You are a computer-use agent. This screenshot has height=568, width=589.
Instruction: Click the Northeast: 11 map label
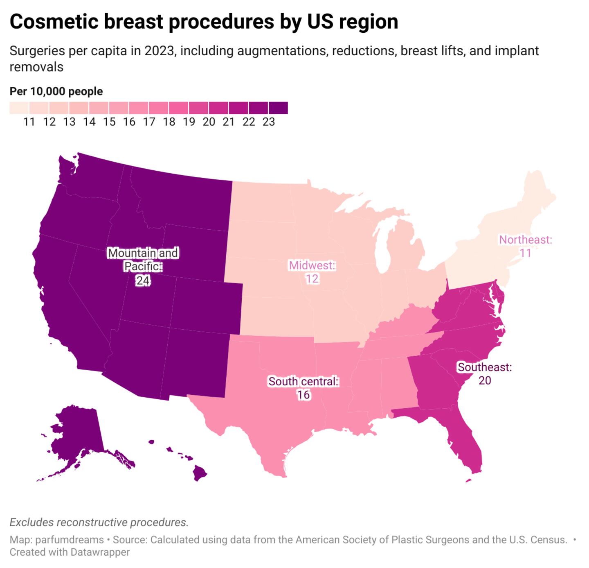(525, 246)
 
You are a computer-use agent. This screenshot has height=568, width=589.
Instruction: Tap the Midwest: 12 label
(312, 272)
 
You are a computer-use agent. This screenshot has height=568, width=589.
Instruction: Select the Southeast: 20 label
(485, 373)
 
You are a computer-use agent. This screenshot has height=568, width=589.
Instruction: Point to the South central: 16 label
(303, 388)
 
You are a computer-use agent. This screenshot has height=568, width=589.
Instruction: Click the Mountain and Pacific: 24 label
(143, 266)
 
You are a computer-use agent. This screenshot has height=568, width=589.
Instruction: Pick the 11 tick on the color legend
(29, 122)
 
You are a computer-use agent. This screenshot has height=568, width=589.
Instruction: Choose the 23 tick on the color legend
(269, 122)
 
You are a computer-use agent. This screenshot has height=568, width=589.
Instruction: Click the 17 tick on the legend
(149, 122)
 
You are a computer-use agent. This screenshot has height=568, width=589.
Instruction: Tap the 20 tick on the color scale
(209, 122)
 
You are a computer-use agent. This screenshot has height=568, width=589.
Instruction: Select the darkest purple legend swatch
(279, 108)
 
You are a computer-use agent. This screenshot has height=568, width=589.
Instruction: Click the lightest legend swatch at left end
(19, 108)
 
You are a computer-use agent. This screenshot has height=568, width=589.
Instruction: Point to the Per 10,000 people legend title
(56, 91)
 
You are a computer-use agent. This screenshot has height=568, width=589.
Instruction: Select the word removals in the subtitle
(36, 67)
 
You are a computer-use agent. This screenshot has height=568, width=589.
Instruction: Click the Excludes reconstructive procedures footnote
(99, 523)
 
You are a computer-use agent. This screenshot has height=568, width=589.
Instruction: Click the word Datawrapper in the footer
(100, 552)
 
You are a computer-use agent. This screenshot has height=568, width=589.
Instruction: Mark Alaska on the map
(78, 434)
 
